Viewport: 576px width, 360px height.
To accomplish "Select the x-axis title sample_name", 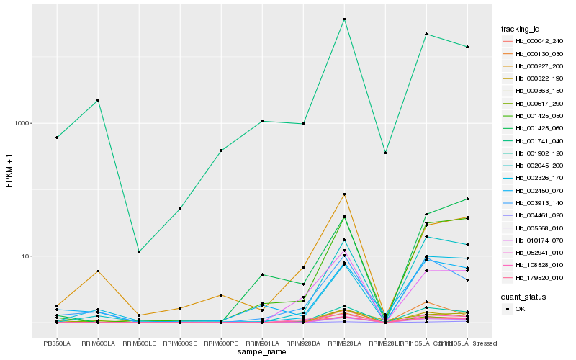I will tap(262, 352).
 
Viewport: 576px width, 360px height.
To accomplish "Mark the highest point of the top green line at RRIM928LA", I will tap(344, 19).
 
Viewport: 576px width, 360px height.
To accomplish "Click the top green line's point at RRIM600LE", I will tap(138, 252).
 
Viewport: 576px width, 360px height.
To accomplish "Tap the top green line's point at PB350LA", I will tap(56, 138).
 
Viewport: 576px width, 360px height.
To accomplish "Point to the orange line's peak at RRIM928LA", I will tap(344, 194).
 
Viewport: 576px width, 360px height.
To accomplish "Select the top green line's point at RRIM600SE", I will tap(180, 209).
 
